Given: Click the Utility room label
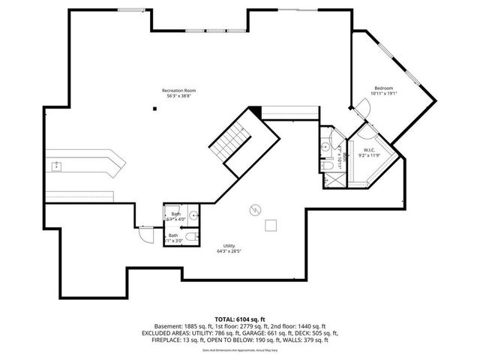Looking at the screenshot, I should point(229,246).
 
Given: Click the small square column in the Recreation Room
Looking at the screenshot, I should point(155,109).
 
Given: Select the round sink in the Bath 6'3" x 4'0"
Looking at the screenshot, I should point(193,214).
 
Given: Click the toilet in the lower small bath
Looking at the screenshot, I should point(191,237).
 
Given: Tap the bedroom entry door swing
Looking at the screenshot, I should point(363,110).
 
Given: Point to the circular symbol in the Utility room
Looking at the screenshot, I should point(255,209).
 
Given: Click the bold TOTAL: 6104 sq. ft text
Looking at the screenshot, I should point(239,319).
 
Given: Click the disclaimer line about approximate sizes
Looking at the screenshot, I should point(239,349).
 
